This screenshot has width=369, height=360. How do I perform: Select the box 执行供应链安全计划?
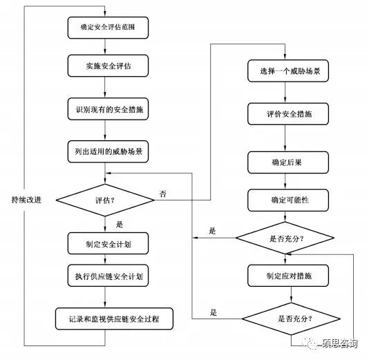coord(104,276)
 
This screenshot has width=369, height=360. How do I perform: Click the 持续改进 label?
coord(26,200)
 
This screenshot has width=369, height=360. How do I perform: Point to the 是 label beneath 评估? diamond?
coord(119,224)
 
